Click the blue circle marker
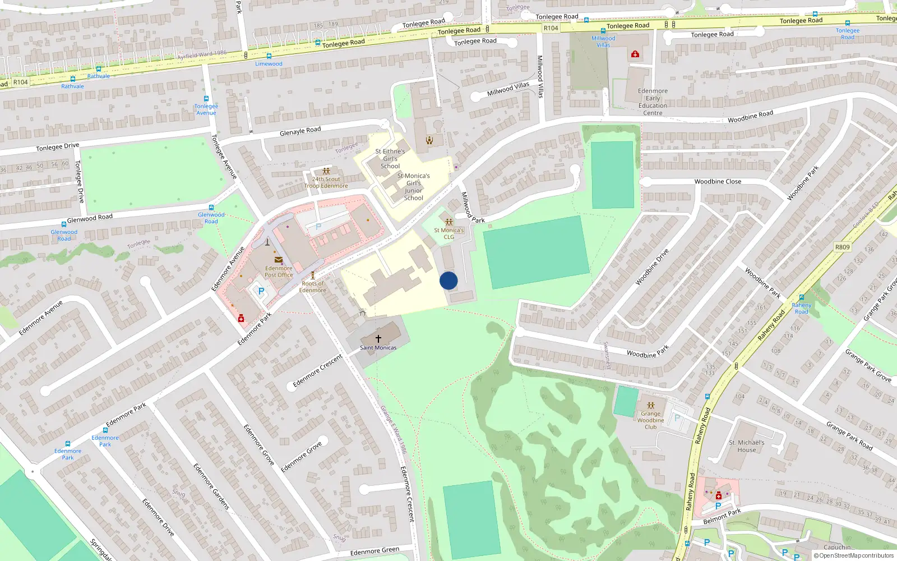tap(449, 280)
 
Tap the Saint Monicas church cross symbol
tap(378, 339)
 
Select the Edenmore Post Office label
tap(279, 272)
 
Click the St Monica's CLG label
tap(449, 233)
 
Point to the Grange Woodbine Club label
tap(650, 420)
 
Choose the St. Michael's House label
tap(746, 446)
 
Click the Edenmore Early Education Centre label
tap(653, 102)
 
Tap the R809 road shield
tap(842, 247)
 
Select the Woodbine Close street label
tap(717, 182)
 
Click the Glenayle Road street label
tap(300, 131)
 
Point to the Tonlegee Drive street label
tap(57, 147)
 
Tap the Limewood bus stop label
tap(269, 64)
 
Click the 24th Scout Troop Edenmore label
tap(326, 182)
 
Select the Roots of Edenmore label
tap(312, 287)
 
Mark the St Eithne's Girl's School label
tap(390, 159)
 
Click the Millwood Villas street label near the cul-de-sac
tap(508, 88)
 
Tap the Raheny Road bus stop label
tap(801, 308)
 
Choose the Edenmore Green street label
tap(374, 551)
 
